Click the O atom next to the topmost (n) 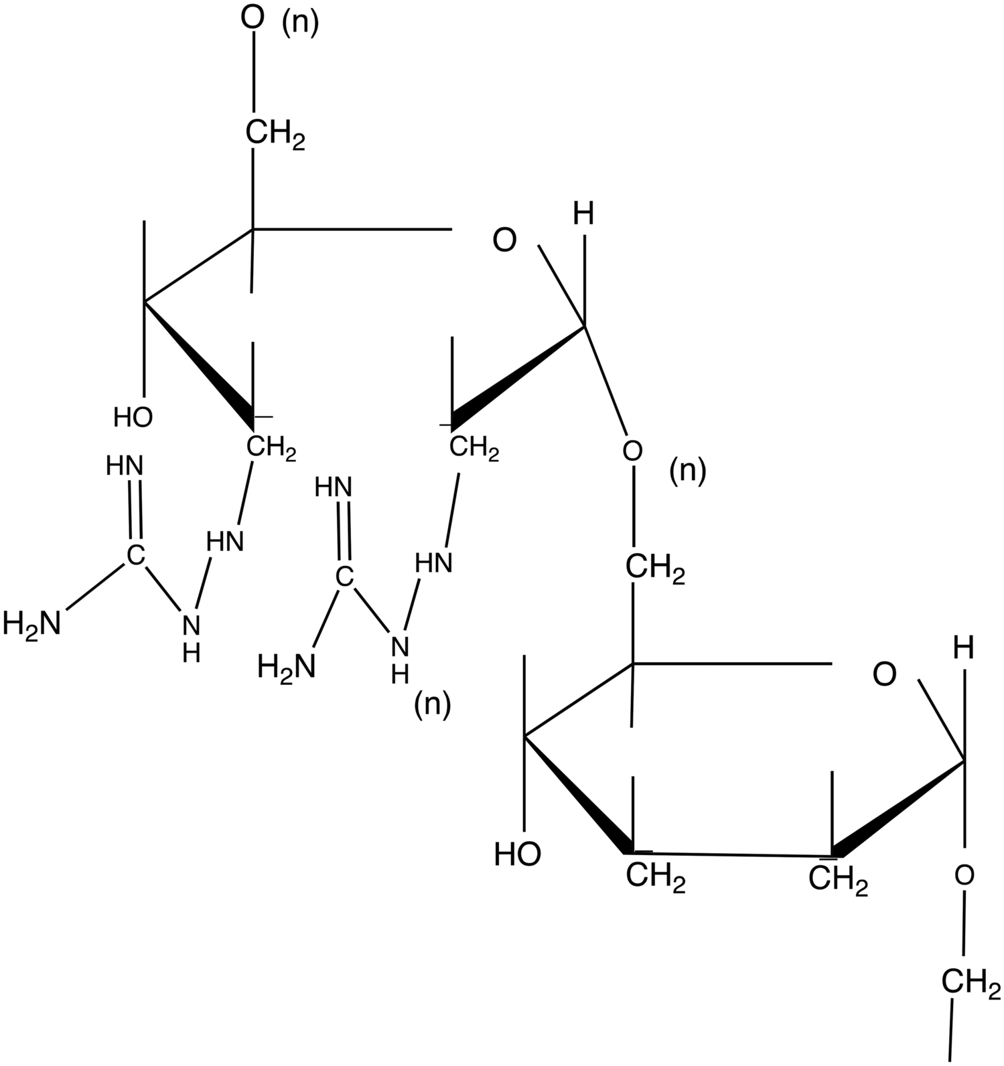coord(253,18)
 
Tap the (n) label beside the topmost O coord(301,22)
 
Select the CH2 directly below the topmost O coord(275,134)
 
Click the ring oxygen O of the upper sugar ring coord(504,240)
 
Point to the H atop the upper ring coord(583,215)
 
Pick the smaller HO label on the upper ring coord(133,417)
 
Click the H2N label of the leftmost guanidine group coord(31,623)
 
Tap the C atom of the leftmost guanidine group coord(135,555)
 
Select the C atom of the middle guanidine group coord(344,576)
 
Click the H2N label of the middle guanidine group coord(287,666)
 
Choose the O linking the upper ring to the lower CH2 coord(632,451)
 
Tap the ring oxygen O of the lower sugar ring coord(885,675)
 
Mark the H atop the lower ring coord(963,648)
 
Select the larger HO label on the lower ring coord(517,854)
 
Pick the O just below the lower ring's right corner coord(964,874)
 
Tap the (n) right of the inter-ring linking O coord(688,473)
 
